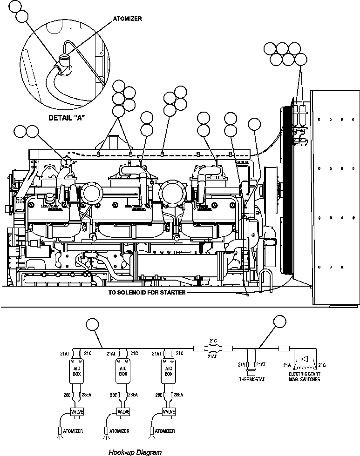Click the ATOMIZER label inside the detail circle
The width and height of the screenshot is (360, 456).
(127, 19)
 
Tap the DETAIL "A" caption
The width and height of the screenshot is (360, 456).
(67, 118)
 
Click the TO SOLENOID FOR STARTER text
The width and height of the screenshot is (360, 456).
(147, 293)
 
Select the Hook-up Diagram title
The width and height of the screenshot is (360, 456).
(135, 452)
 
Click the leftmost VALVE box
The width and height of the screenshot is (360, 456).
(76, 411)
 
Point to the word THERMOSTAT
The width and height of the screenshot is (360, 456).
(252, 379)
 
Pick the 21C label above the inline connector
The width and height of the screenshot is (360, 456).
(213, 340)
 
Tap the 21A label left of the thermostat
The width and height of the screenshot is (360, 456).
(242, 364)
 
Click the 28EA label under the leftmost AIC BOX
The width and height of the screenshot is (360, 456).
(87, 395)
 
